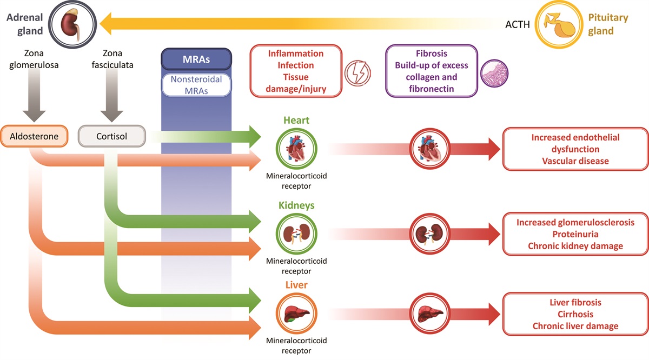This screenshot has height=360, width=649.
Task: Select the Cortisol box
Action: (x=111, y=137)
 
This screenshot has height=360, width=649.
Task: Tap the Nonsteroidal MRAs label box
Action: (x=197, y=85)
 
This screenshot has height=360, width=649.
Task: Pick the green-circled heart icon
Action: (x=296, y=149)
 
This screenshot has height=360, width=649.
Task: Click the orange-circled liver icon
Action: (x=296, y=313)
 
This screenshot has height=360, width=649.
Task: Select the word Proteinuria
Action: (x=575, y=235)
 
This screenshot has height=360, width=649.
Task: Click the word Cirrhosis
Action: (x=575, y=314)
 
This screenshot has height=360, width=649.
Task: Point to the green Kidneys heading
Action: (x=296, y=205)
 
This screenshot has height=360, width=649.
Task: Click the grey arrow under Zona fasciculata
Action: (x=111, y=101)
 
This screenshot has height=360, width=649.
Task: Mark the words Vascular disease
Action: (x=575, y=161)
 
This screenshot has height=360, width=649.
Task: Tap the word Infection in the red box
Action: (x=295, y=65)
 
